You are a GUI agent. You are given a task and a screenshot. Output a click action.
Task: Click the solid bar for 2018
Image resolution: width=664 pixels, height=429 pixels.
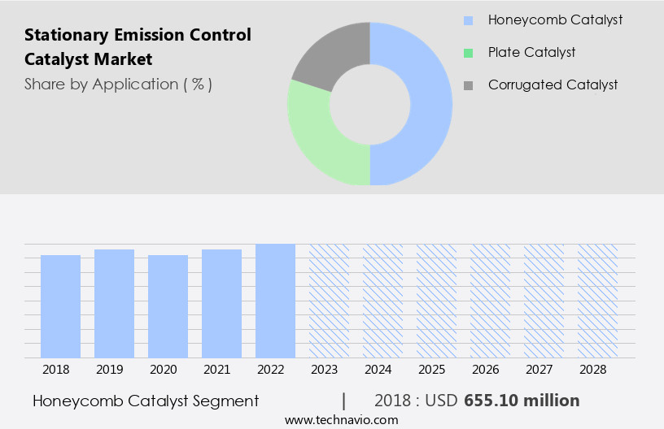(60, 306)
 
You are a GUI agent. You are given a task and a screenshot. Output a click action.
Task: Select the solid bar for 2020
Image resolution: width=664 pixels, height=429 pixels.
(168, 306)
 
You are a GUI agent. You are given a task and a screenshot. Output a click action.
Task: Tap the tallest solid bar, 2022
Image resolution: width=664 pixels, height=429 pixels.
(275, 301)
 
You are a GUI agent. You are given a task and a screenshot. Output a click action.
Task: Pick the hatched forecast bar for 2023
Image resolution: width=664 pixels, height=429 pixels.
(329, 301)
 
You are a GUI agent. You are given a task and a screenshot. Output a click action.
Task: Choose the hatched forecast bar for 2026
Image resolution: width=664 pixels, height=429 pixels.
(490, 301)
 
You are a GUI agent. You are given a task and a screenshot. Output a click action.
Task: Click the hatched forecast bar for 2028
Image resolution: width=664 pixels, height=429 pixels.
(597, 301)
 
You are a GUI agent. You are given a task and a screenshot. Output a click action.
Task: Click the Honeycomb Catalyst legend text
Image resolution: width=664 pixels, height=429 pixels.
(555, 19)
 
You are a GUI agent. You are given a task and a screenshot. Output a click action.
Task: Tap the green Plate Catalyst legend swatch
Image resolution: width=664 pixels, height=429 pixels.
(467, 53)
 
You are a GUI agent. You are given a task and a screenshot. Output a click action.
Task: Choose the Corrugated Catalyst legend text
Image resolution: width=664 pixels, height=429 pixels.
(553, 84)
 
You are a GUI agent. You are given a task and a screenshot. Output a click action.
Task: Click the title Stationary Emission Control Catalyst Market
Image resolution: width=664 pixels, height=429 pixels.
(138, 47)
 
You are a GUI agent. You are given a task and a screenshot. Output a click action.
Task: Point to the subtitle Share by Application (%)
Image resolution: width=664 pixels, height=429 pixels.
(118, 84)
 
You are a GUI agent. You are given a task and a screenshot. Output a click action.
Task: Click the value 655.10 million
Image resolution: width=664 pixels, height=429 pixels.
(522, 401)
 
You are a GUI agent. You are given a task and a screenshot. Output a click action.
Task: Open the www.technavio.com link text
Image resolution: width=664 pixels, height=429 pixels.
(341, 420)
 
